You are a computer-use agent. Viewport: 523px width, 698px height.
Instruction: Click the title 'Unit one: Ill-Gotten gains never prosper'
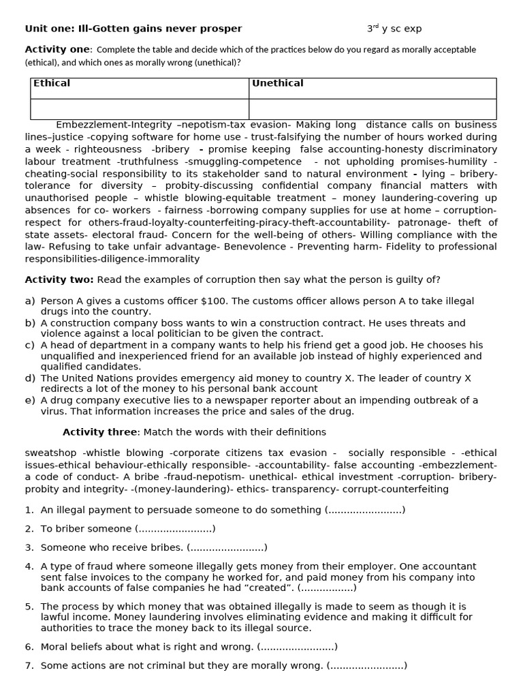(x=133, y=29)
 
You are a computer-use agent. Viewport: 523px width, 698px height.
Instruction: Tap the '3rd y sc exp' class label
(x=394, y=29)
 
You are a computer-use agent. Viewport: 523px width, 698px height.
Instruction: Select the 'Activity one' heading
(x=57, y=49)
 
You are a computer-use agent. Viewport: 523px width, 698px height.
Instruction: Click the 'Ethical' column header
(x=52, y=83)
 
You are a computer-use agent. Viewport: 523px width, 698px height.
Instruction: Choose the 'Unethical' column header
(x=278, y=83)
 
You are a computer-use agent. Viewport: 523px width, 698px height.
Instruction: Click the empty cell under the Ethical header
(x=140, y=109)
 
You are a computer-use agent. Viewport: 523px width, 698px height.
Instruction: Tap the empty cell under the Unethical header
(x=373, y=109)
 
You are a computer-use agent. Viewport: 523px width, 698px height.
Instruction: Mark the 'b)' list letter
(x=30, y=323)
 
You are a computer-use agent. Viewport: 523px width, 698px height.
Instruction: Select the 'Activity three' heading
(x=100, y=431)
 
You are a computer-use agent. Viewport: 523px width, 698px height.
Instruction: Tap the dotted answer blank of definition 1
(x=365, y=510)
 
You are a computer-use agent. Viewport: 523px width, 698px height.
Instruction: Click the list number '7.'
(x=29, y=665)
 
